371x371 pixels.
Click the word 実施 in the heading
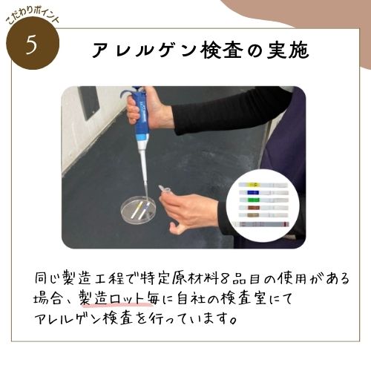pyautogui.click(x=288, y=50)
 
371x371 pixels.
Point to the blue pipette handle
pyautogui.click(x=139, y=116)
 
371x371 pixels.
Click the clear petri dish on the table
pyautogui.click(x=136, y=210)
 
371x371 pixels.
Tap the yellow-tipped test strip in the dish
pyautogui.click(x=136, y=211)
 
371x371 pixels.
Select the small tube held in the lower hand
pyautogui.click(x=164, y=189)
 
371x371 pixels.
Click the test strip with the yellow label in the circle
pyautogui.click(x=263, y=185)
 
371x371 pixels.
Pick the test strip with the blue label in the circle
pyautogui.click(x=263, y=192)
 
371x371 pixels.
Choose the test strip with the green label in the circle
pyautogui.click(x=263, y=200)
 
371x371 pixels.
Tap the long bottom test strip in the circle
pyautogui.click(x=261, y=224)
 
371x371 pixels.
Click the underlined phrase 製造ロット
pyautogui.click(x=114, y=298)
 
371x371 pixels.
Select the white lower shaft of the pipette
pyautogui.click(x=143, y=168)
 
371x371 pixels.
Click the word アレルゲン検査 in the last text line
pyautogui.click(x=84, y=319)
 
